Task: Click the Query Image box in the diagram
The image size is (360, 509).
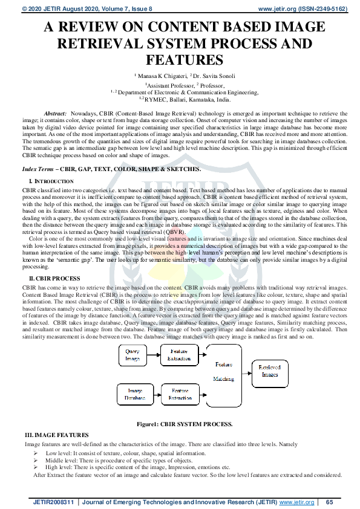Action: tap(133, 355)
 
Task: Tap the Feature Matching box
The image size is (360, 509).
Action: tap(223, 372)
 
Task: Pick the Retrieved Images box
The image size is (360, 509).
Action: tap(270, 371)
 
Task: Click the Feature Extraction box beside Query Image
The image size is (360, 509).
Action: tap(178, 355)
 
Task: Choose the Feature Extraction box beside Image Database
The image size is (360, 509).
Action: tap(178, 395)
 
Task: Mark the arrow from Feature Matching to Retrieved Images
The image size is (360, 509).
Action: tap(247, 371)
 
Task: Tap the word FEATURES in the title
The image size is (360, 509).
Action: tap(180, 60)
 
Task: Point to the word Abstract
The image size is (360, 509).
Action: tap(56, 114)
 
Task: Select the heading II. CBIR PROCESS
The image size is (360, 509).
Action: tap(55, 277)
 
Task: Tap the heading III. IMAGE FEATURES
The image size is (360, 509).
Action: tap(56, 435)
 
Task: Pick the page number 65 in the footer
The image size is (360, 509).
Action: tap(330, 502)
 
